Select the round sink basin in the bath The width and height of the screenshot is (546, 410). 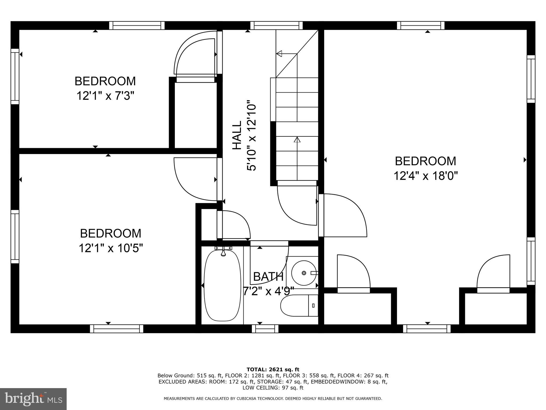(x=304, y=273)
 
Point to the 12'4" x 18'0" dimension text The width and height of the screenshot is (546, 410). (x=426, y=176)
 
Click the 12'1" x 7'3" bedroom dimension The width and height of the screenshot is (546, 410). (x=105, y=96)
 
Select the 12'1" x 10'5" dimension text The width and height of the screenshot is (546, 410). (x=111, y=248)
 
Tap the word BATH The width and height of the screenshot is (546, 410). (x=268, y=277)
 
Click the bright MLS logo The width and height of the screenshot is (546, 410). (x=33, y=399)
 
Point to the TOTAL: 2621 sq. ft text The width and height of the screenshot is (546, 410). (x=273, y=369)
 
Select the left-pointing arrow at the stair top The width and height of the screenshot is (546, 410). (x=279, y=54)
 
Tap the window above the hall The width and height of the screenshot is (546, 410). (x=276, y=26)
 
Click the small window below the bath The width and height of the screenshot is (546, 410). (x=265, y=329)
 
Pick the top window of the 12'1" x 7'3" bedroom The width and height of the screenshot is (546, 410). (x=137, y=26)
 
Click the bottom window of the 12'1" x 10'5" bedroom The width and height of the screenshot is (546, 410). (x=117, y=329)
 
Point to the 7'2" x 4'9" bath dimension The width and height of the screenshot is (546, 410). (x=268, y=291)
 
